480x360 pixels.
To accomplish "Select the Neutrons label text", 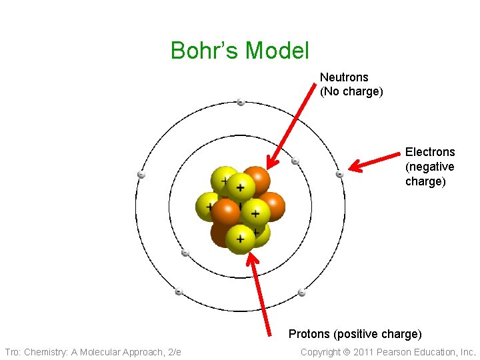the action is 344,77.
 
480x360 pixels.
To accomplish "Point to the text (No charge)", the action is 351,92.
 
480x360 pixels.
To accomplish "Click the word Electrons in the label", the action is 430,152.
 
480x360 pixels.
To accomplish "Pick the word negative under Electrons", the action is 430,167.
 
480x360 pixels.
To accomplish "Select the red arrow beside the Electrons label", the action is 376,162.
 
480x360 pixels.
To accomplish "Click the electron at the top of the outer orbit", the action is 241,102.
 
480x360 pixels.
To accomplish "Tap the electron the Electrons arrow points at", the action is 339,174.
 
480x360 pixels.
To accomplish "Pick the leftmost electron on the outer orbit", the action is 141,175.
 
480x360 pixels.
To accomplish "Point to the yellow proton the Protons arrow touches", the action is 241,239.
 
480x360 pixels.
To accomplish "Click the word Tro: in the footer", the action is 13,352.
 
